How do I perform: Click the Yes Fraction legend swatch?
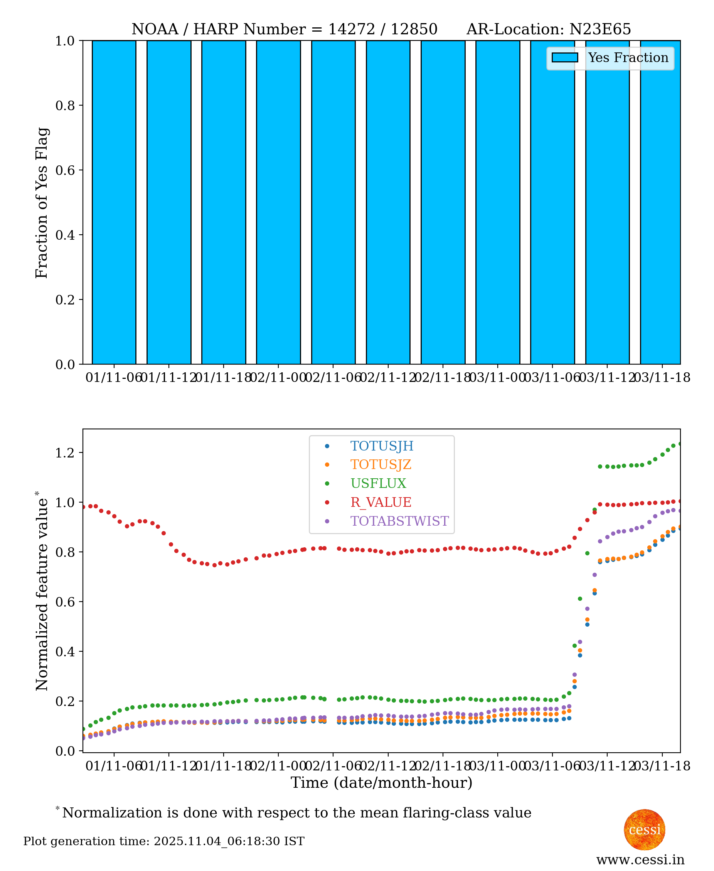[x=564, y=57]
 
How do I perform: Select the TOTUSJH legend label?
[x=381, y=446]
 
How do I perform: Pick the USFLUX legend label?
[x=378, y=483]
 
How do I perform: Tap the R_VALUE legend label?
[x=381, y=502]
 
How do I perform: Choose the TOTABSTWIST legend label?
[x=399, y=521]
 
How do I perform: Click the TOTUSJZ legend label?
[x=381, y=464]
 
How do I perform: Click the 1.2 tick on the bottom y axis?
[x=65, y=452]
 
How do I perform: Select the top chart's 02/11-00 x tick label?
[x=278, y=377]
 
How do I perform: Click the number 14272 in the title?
[x=351, y=29]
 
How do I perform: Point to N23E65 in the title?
[x=599, y=29]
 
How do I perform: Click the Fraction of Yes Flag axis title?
[x=42, y=203]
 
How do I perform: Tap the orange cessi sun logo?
[x=644, y=829]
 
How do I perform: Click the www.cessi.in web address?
[x=640, y=859]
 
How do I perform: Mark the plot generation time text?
[x=164, y=841]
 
